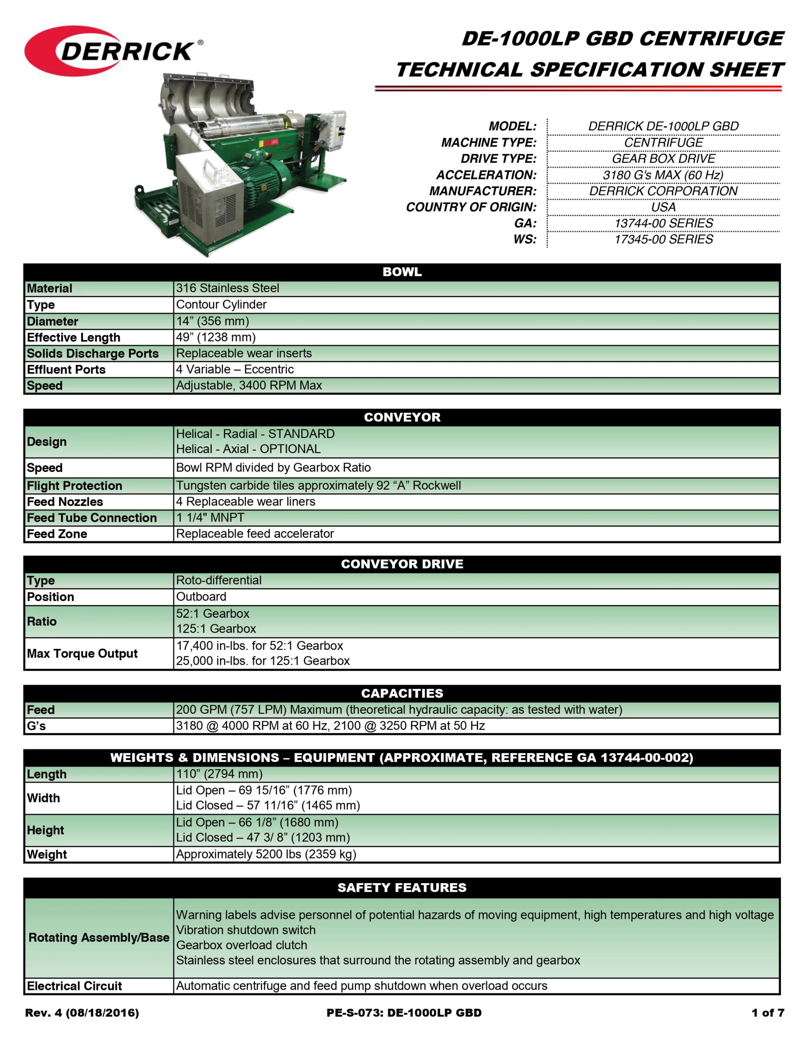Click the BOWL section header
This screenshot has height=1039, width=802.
tap(402, 272)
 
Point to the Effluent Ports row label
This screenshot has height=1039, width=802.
tap(66, 369)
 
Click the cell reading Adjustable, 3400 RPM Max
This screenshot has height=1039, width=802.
tap(249, 385)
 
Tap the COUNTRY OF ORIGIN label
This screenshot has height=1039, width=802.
tap(471, 207)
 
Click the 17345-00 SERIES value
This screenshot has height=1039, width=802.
tap(663, 239)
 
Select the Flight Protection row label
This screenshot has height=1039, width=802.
tap(74, 486)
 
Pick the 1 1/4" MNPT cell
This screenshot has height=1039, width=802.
tap(210, 517)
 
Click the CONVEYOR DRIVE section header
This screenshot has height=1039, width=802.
tap(402, 564)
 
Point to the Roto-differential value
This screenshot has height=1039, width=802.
tap(219, 580)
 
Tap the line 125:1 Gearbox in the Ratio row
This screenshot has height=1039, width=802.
tap(216, 629)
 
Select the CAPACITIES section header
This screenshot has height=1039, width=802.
tap(402, 693)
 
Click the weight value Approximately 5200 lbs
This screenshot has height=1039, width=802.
tap(266, 854)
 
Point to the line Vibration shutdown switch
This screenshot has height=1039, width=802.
tap(246, 930)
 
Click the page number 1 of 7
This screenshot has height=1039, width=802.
tap(767, 1013)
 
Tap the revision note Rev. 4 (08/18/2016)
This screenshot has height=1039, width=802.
tap(82, 1013)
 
